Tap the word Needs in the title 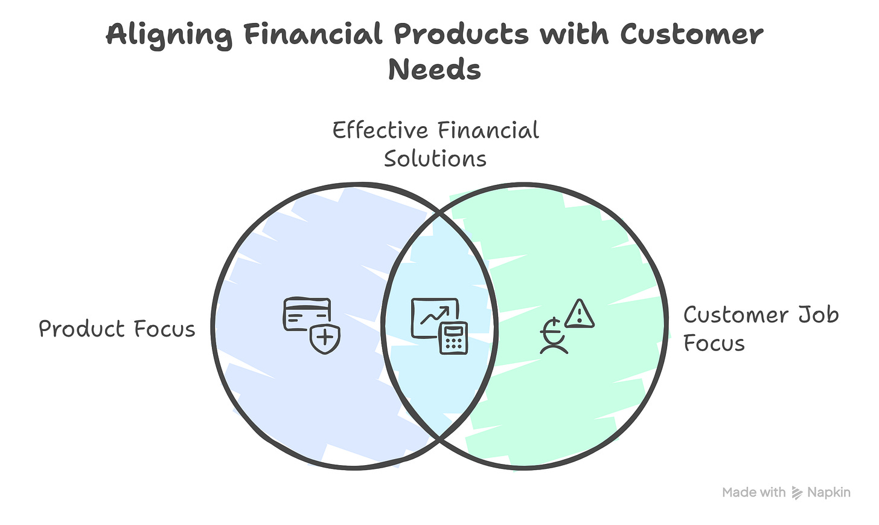tap(435, 69)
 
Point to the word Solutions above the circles tap(435, 159)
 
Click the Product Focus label tap(117, 329)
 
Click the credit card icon tap(307, 313)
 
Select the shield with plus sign tap(325, 338)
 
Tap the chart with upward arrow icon tap(434, 317)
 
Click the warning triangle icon tap(580, 314)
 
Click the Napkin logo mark tap(797, 493)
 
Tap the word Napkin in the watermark tap(829, 493)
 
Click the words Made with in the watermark tap(754, 493)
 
